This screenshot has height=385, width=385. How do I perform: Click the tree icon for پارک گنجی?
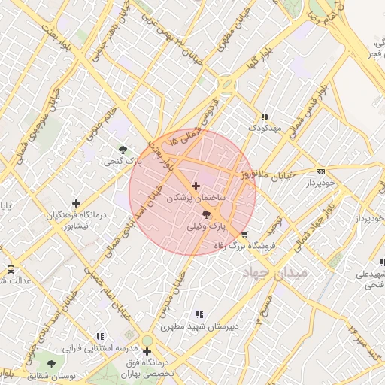point(123,149)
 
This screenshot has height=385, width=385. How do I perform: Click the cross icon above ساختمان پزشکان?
point(196,186)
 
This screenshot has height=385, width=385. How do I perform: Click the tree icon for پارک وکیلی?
point(207,215)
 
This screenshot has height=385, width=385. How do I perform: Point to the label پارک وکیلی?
point(207,226)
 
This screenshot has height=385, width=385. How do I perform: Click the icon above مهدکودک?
point(264,117)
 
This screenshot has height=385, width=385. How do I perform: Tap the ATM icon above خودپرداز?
point(321,172)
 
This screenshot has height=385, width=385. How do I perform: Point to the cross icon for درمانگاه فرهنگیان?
point(76,203)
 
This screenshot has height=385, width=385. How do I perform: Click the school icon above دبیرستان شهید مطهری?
point(199,315)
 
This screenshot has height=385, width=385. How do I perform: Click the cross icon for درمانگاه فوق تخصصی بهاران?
point(147,351)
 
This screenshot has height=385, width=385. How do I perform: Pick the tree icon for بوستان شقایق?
point(41,364)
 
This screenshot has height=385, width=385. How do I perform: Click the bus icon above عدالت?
point(11,268)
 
